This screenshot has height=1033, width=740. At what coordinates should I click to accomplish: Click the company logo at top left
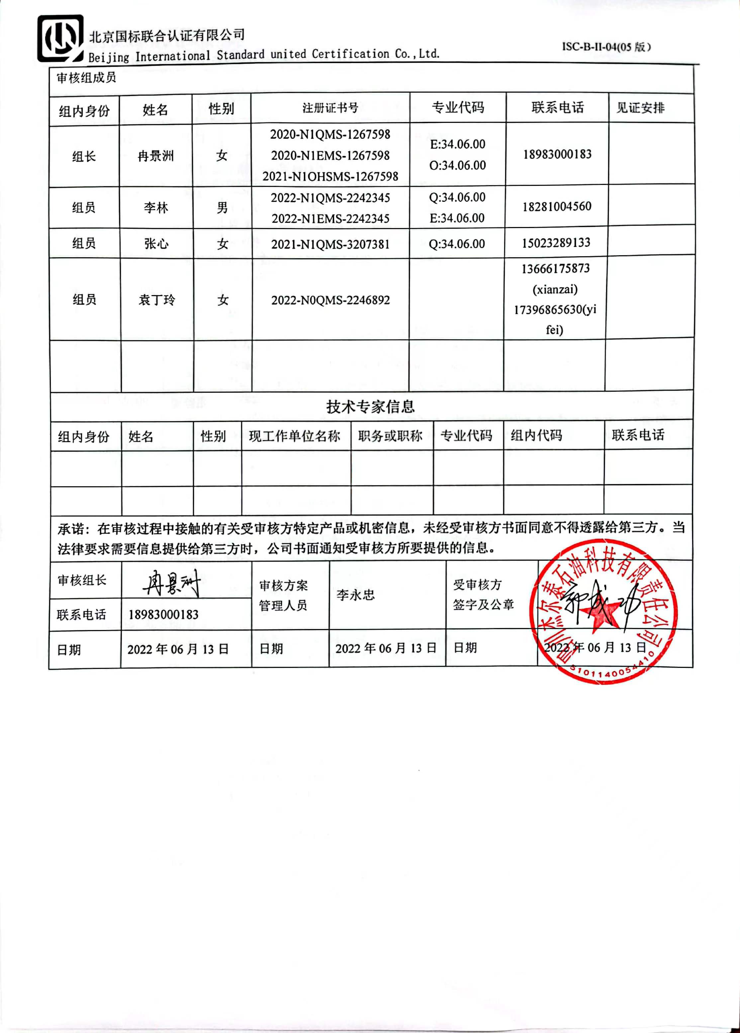pyautogui.click(x=60, y=39)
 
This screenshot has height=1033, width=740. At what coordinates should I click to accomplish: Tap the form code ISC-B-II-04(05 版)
pyautogui.click(x=606, y=47)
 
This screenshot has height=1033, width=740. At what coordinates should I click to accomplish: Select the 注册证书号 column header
pyautogui.click(x=330, y=108)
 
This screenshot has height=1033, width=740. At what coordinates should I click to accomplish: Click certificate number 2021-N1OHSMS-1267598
pyautogui.click(x=330, y=177)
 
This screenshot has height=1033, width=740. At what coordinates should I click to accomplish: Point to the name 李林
pyautogui.click(x=156, y=208)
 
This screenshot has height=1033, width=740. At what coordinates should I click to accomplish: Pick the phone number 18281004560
pyautogui.click(x=556, y=207)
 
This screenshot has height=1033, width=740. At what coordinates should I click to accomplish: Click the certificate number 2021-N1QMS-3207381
pyautogui.click(x=330, y=245)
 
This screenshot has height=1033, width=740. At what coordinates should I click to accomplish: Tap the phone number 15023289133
pyautogui.click(x=556, y=243)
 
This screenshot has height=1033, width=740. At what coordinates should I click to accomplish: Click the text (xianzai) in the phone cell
pyautogui.click(x=555, y=289)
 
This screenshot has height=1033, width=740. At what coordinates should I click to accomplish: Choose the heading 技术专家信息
pyautogui.click(x=370, y=407)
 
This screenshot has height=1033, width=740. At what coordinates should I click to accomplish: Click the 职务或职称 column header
pyautogui.click(x=391, y=436)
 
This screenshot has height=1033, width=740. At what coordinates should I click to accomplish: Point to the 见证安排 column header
pyautogui.click(x=640, y=108)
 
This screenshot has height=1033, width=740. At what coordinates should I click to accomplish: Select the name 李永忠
pyautogui.click(x=355, y=595)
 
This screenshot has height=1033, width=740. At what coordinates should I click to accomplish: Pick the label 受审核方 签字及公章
pyautogui.click(x=483, y=595)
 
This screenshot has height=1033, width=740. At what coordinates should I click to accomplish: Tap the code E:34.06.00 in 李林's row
pyautogui.click(x=457, y=218)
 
